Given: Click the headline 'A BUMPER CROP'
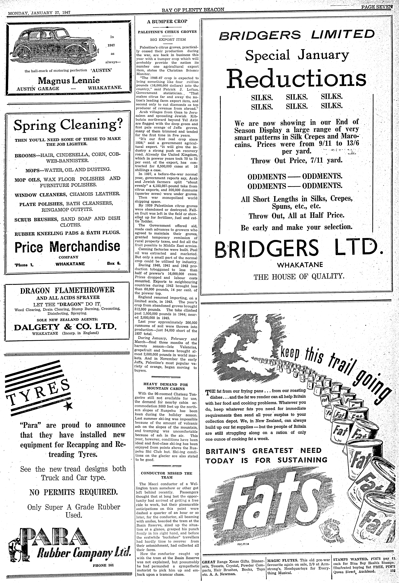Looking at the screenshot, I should pos(167,21).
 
